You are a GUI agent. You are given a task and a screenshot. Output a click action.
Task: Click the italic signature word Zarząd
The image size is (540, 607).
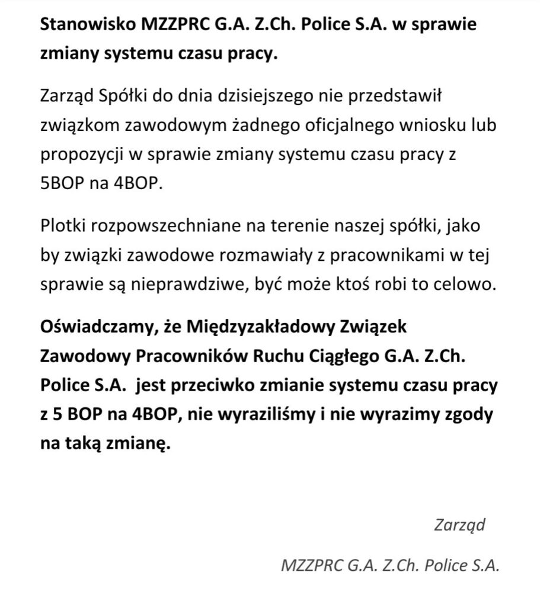[459, 524]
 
